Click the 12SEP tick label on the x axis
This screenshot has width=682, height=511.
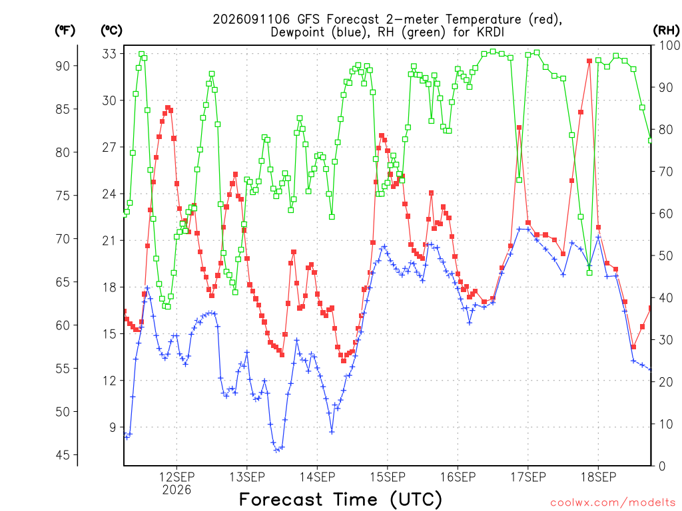tap(176, 476)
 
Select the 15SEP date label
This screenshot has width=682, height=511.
tap(388, 476)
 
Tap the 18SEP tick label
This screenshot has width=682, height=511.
tap(599, 476)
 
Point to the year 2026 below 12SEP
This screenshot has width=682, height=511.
tap(176, 490)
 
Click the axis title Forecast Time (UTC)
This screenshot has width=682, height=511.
tap(340, 500)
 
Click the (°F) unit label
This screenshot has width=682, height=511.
tap(65, 31)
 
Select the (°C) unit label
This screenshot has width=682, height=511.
tap(112, 31)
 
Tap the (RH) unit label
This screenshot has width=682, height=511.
tap(666, 30)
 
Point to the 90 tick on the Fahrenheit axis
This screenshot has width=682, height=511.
tap(63, 66)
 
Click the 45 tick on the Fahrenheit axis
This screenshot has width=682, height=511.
tap(63, 455)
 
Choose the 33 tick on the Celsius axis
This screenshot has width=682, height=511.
tap(110, 54)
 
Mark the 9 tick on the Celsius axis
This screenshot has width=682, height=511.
tap(113, 428)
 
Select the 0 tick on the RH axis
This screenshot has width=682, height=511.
tap(662, 466)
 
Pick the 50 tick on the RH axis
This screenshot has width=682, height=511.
tap(665, 255)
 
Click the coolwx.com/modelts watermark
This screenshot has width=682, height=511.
tap(613, 503)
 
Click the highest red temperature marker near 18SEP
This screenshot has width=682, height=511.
tap(589, 61)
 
